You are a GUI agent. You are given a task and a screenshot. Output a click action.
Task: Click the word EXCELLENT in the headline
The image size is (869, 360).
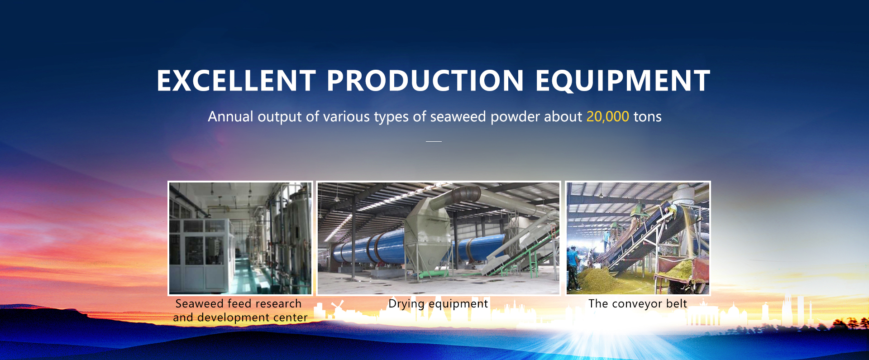pos(236,81)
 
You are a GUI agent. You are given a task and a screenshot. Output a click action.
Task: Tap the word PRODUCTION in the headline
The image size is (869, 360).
pos(425,81)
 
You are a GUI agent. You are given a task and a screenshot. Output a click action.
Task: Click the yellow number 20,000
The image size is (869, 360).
pos(607,117)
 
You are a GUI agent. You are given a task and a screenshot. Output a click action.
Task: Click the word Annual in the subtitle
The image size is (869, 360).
pos(230,117)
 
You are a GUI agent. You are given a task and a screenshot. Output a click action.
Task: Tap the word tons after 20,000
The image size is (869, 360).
pos(647,117)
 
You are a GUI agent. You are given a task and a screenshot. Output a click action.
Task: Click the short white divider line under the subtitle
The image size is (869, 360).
pos(434,141)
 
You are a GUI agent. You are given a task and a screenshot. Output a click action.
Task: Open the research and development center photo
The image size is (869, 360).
pos(240,238)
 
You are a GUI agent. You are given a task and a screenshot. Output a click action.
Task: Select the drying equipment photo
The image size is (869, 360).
pos(439,238)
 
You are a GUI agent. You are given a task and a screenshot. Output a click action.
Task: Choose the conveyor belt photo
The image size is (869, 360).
pos(638,238)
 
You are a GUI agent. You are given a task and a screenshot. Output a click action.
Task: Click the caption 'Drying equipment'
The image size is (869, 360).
pos(438,304)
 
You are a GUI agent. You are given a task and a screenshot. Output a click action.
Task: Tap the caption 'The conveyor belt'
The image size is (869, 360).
pos(638,303)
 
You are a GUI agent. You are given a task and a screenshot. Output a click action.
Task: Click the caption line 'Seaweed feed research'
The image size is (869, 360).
pos(239,303)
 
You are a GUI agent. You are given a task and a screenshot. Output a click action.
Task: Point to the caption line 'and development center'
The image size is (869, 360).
pos(240,317)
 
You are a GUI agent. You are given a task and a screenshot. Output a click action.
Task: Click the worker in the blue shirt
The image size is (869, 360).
pos(573,267)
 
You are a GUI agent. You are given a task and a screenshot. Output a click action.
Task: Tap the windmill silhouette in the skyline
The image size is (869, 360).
pos(337,307)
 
